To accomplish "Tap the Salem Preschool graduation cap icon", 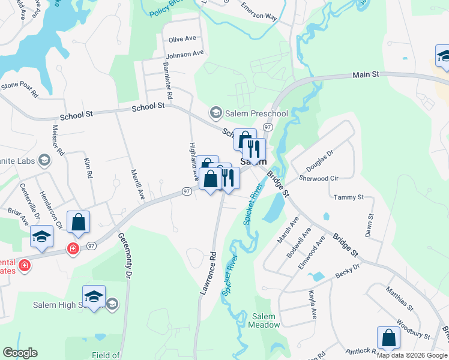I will (x=215, y=113).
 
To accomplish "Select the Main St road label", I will (x=366, y=75).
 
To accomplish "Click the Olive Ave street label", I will (x=182, y=39).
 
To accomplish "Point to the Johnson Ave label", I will (x=185, y=55).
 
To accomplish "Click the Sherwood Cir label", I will (x=319, y=178).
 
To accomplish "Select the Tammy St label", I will (x=349, y=197).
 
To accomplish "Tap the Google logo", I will (x=20, y=353).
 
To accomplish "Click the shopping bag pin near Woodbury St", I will (x=388, y=339).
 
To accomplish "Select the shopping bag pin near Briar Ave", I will (x=79, y=223).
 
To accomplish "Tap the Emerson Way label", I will (x=259, y=13).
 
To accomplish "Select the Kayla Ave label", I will (x=312, y=304).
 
